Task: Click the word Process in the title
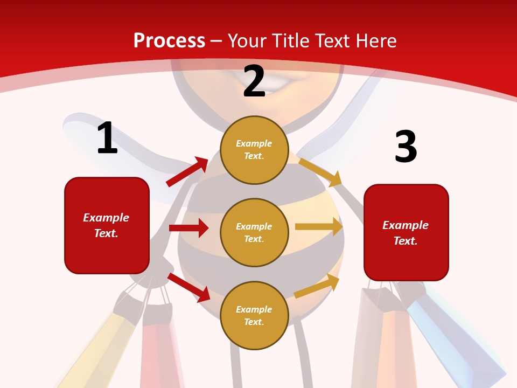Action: pyautogui.click(x=169, y=40)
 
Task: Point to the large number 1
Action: pyautogui.click(x=107, y=138)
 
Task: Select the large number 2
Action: pyautogui.click(x=254, y=82)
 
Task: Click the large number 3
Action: pyautogui.click(x=406, y=147)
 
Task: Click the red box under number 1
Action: pyautogui.click(x=107, y=225)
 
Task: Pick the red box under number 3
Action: pyautogui.click(x=406, y=233)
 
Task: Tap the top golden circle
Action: pyautogui.click(x=254, y=150)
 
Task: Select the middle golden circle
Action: pyautogui.click(x=254, y=232)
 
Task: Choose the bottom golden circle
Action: pyautogui.click(x=254, y=315)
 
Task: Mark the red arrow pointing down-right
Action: pyautogui.click(x=189, y=287)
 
